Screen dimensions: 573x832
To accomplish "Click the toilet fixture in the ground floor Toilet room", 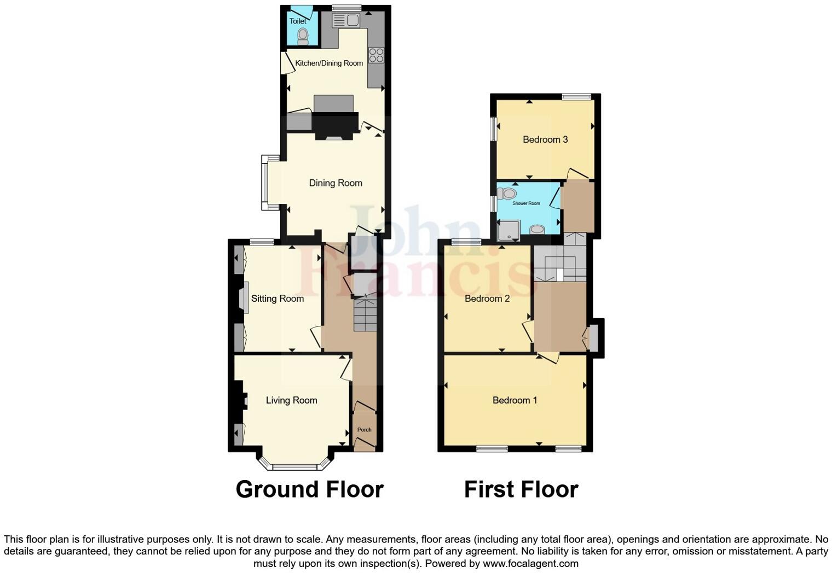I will coord(303,36).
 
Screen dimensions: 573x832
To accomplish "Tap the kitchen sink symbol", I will coord(346,21).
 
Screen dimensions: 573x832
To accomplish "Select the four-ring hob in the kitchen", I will coord(376,55).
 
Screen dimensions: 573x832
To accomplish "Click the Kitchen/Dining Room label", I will coord(329,63).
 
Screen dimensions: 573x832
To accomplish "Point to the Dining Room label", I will coord(336,183).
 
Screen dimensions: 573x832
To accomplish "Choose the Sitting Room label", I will coord(278,299).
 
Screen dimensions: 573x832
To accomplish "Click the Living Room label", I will coord(292,400).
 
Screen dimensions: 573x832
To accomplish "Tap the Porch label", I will coord(365,430).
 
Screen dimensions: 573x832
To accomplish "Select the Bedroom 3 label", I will coord(545,139).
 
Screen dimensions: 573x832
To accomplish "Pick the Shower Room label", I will coord(526,203).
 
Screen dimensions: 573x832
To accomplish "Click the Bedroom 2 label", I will coord(487,299).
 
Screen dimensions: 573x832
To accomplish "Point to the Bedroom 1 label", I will coord(515,400).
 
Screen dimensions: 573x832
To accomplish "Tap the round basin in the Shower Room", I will coord(538,230).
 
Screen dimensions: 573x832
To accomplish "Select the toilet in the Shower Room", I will coord(507,193).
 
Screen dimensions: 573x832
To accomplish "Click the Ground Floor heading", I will coord(309,489).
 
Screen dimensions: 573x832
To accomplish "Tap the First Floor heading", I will coord(521,489).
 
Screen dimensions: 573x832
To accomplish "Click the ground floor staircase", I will coord(365,314).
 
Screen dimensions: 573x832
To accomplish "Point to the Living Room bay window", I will coord(295,466).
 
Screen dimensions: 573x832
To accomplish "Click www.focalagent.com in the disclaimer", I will coord(530,563).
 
